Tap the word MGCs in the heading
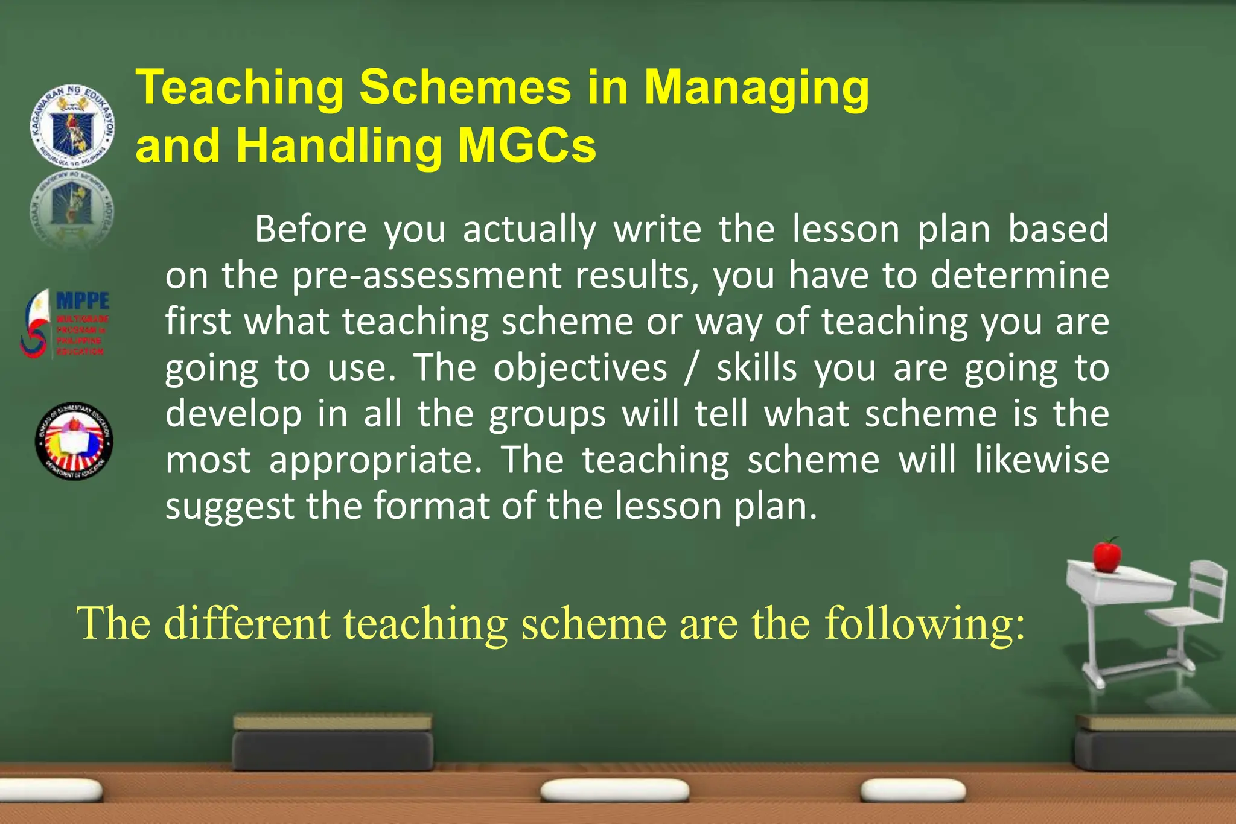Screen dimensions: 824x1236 (527, 147)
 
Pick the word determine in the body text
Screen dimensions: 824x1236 (1019, 276)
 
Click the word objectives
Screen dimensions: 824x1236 (580, 368)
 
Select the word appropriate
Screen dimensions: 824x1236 (376, 461)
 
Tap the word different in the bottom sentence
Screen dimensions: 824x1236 (247, 623)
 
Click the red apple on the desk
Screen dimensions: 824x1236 (1106, 555)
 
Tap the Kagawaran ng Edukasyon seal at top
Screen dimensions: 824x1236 (72, 125)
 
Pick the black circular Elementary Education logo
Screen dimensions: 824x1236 (74, 441)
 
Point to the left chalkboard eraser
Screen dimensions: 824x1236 (333, 742)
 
